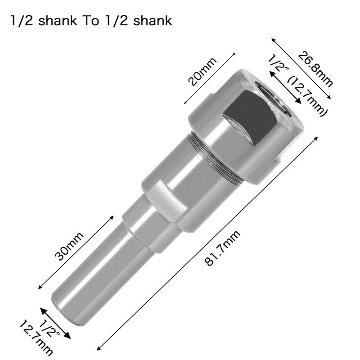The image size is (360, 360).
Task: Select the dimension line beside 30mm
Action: tap(76, 252)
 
